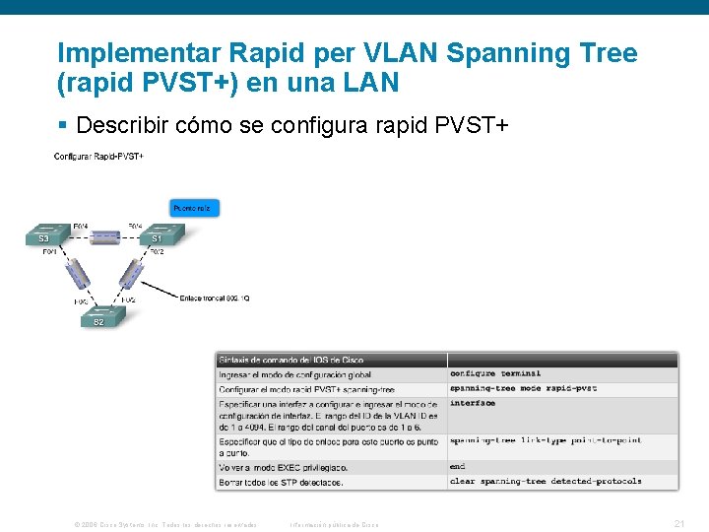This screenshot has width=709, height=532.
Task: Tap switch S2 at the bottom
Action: pyautogui.click(x=99, y=317)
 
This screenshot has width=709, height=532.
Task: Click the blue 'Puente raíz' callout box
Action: pyautogui.click(x=195, y=208)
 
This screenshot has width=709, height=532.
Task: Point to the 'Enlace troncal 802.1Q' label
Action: pyautogui.click(x=215, y=297)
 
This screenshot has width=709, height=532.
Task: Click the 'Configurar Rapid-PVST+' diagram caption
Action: pyautogui.click(x=98, y=157)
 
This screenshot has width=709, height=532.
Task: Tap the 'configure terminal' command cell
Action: pyautogui.click(x=495, y=374)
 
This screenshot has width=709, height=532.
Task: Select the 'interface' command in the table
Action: pyautogui.click(x=473, y=404)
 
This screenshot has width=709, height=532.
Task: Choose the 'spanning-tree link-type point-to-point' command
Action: pyautogui.click(x=546, y=440)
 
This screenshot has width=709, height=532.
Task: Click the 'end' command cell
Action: pyautogui.click(x=457, y=467)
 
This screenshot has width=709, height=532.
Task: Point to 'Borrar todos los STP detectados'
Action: pyautogui.click(x=281, y=482)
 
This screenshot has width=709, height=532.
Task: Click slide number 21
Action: pyautogui.click(x=678, y=524)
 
